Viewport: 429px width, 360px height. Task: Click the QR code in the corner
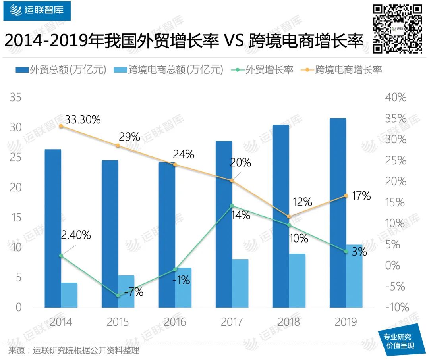point(398,28)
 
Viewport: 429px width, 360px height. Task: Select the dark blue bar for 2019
point(338,213)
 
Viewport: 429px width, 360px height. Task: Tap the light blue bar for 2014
point(70,295)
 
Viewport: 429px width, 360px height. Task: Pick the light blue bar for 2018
point(297,280)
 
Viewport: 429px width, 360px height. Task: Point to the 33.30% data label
point(83,119)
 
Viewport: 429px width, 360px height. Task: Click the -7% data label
point(134,293)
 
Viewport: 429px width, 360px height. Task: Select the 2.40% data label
point(76,235)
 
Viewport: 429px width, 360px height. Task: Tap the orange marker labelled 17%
point(346,196)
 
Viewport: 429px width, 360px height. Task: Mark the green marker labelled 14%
point(232,206)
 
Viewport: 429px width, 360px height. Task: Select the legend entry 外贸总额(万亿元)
point(61,70)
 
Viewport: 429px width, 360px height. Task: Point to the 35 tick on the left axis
point(15,98)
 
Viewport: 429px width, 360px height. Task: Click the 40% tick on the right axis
point(396,98)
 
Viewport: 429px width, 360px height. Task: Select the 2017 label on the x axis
point(232,321)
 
